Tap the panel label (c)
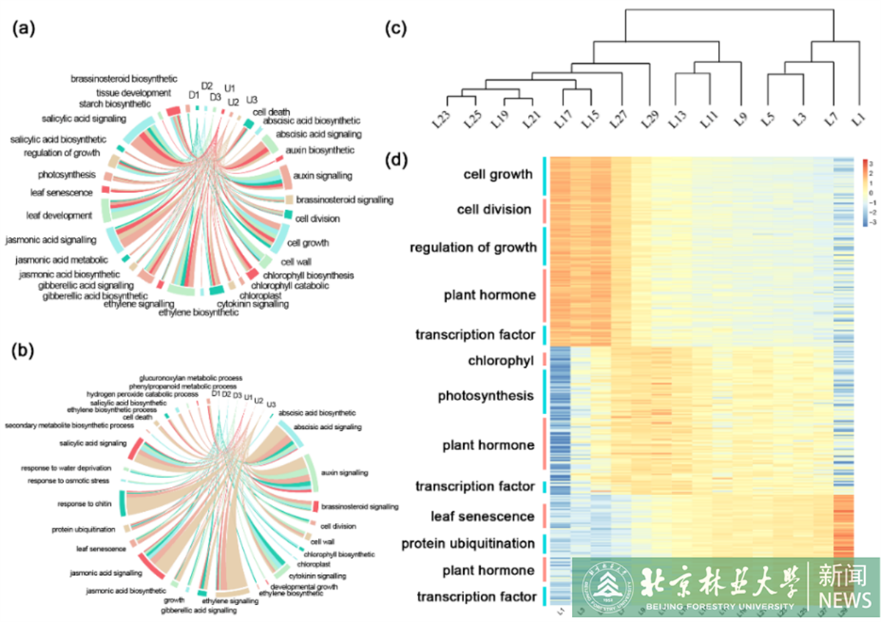tap(397, 29)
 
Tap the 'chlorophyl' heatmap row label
tap(501, 361)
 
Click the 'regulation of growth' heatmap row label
tap(473, 247)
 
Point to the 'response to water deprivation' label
tap(69, 468)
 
